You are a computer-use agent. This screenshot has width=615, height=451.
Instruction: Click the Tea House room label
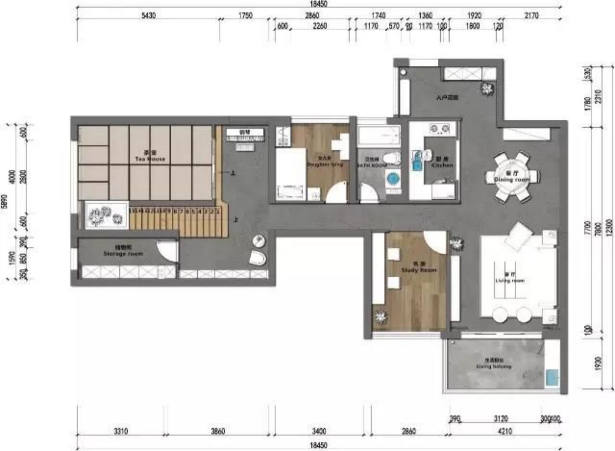click(x=150, y=156)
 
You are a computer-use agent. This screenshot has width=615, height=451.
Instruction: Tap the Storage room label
click(x=123, y=251)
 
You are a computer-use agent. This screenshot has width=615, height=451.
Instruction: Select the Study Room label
click(x=419, y=268)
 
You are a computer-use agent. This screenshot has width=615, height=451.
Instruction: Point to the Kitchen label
click(x=442, y=163)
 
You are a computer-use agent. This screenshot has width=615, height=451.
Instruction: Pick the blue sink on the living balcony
click(x=552, y=377)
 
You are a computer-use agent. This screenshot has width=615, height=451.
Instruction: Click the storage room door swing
click(x=167, y=251)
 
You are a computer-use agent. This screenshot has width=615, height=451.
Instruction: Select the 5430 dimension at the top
click(x=149, y=16)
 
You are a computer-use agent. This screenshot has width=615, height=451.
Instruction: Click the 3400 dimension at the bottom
click(x=319, y=431)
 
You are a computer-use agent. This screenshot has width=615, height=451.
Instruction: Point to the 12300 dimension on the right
click(x=609, y=227)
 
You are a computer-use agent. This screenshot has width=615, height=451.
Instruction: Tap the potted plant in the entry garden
click(x=487, y=89)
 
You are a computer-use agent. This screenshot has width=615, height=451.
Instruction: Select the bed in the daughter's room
click(x=290, y=174)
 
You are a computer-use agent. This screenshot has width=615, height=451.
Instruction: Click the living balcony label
click(x=494, y=364)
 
